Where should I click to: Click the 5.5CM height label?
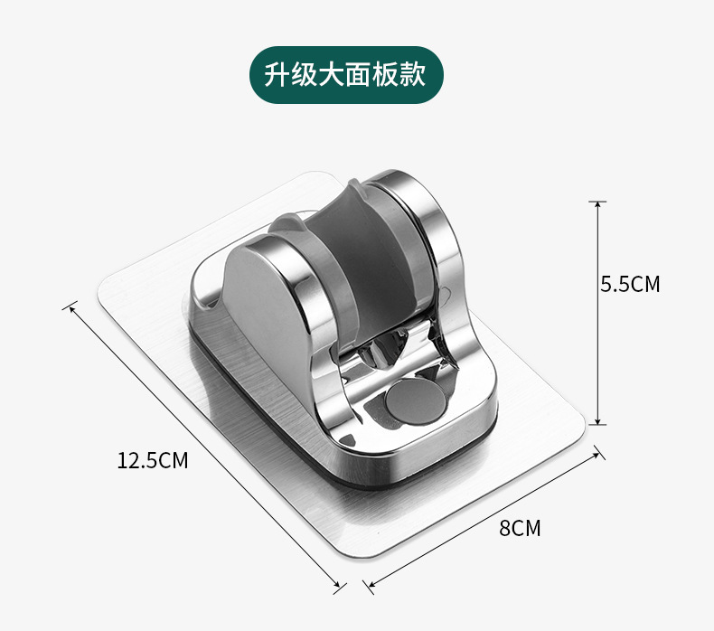coord(630,285)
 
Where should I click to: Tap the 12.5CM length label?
coord(152,460)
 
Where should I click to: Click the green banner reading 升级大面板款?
coord(348,74)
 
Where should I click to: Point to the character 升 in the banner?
coord(277,74)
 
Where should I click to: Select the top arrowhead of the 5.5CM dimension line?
coord(597,204)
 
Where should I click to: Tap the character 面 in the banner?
coord(360,74)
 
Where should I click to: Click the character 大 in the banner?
coord(333,74)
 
